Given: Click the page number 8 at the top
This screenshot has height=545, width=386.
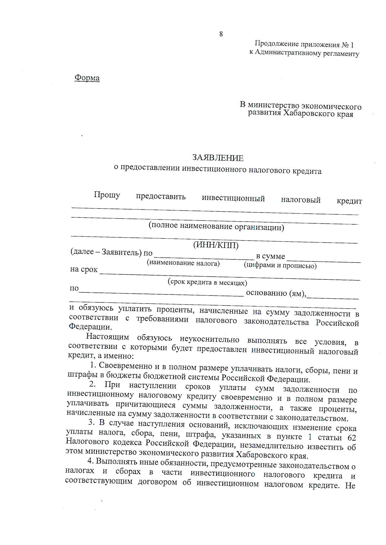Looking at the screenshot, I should pyautogui.click(x=221, y=34).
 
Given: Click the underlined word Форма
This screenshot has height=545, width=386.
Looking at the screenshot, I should pyautogui.click(x=87, y=78).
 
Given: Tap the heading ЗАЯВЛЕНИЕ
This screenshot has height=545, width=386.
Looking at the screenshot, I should pyautogui.click(x=218, y=158).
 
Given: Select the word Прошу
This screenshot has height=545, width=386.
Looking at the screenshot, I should pyautogui.click(x=107, y=195).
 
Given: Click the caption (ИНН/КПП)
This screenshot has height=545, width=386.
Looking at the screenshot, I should pyautogui.click(x=216, y=245).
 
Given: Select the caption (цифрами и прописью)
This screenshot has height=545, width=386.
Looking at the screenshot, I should pyautogui.click(x=280, y=266).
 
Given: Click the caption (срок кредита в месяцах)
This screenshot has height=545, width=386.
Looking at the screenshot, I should pyautogui.click(x=207, y=283).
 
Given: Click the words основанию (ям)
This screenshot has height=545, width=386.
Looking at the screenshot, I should pyautogui.click(x=276, y=293).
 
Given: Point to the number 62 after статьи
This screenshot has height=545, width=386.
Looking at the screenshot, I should pyautogui.click(x=352, y=438).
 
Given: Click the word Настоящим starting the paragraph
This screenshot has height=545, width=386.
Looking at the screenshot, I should pyautogui.click(x=107, y=337).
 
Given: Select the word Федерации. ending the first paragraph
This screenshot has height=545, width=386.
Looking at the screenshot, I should pyautogui.click(x=90, y=327).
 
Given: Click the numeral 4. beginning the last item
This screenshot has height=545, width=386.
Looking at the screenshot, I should pyautogui.click(x=90, y=461).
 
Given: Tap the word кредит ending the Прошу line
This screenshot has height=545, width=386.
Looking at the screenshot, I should pyautogui.click(x=349, y=201).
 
